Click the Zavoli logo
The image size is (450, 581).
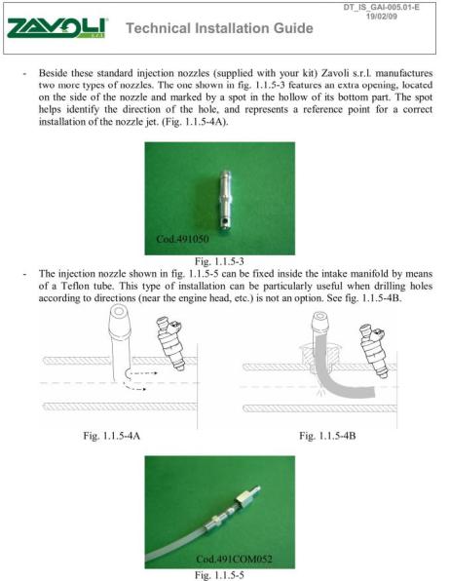click(57, 28)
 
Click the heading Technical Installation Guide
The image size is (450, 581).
click(219, 28)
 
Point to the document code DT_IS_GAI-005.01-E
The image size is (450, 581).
click(382, 8)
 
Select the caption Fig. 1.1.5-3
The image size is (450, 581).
click(219, 261)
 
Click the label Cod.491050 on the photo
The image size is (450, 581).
click(182, 239)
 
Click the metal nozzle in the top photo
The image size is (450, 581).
click(225, 201)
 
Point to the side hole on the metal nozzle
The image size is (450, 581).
click(225, 222)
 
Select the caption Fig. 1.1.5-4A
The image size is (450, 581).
click(111, 436)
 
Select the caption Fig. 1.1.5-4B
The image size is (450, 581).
click(327, 436)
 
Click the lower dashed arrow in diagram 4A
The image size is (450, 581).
click(134, 388)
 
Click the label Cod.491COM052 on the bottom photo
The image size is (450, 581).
click(234, 559)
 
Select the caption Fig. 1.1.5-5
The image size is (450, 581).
click(219, 575)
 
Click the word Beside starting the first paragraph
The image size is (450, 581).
click(53, 72)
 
